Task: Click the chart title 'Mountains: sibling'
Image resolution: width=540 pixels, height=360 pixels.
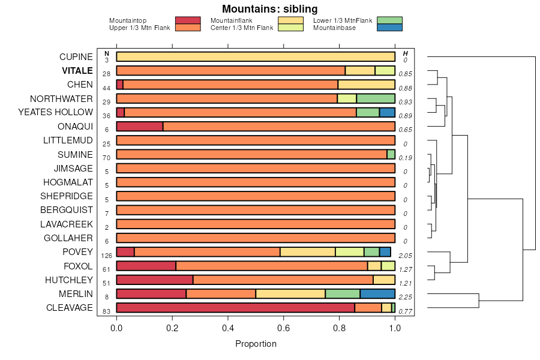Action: click(x=269, y=9)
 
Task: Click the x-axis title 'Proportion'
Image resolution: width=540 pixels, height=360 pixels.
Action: click(x=256, y=344)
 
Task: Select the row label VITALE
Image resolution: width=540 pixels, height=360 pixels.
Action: click(x=77, y=71)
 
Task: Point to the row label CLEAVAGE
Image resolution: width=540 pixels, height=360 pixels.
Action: click(x=70, y=308)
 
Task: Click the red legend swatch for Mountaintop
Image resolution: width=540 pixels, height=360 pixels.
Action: click(x=188, y=20)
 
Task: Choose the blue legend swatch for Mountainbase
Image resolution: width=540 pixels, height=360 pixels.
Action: click(x=390, y=27)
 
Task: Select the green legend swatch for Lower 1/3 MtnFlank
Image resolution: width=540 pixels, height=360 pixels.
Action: click(x=390, y=20)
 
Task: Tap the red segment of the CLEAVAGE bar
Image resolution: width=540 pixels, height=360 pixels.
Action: click(x=235, y=308)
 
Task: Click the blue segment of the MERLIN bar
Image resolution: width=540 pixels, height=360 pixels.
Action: click(x=377, y=294)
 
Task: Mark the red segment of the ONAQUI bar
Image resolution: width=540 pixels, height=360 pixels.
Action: click(x=140, y=127)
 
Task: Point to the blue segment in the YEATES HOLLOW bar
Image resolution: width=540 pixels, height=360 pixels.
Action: click(x=387, y=112)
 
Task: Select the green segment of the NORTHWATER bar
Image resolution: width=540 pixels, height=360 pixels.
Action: click(x=376, y=98)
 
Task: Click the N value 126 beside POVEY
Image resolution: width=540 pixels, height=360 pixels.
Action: click(x=107, y=256)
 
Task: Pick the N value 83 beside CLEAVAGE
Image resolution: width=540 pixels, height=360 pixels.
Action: click(x=106, y=311)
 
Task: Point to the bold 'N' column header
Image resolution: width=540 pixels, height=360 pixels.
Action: click(x=107, y=53)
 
